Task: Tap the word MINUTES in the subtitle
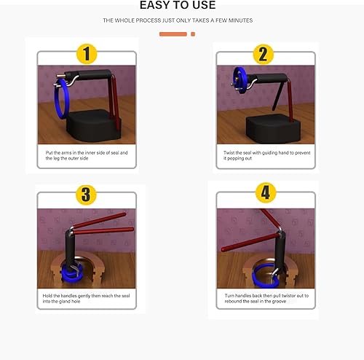(x=239, y=20)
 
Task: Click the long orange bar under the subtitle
(x=173, y=34)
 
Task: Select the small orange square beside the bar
(x=192, y=34)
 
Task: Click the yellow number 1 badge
(x=87, y=54)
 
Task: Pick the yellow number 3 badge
(x=87, y=195)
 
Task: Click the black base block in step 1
(x=88, y=127)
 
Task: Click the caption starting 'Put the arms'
(x=87, y=155)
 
